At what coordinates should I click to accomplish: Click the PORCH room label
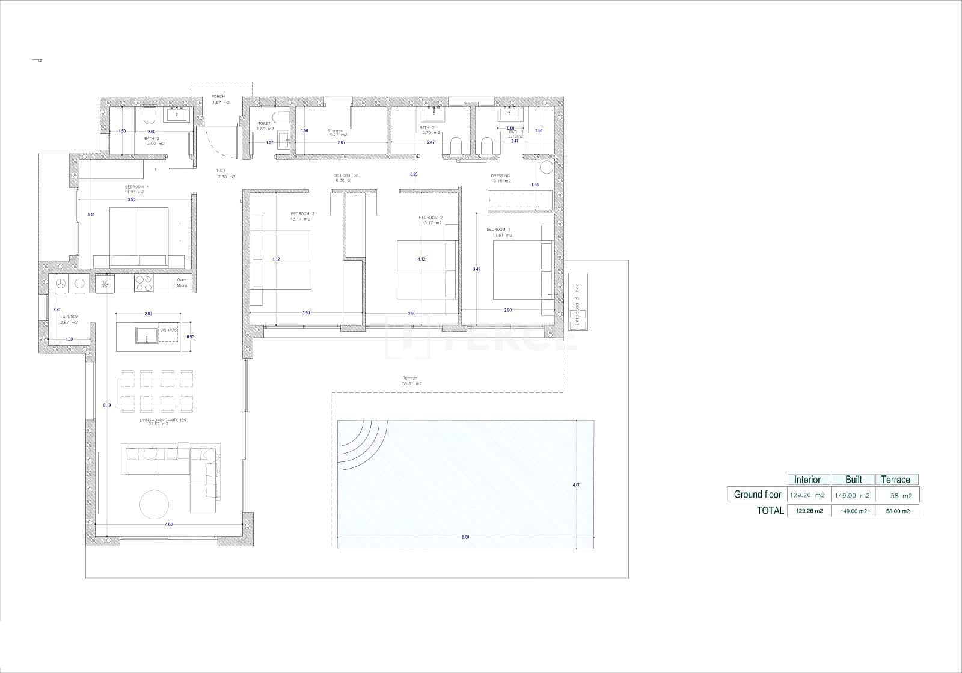(x=218, y=97)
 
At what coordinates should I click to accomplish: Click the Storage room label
(x=335, y=131)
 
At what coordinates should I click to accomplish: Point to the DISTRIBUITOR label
(x=346, y=175)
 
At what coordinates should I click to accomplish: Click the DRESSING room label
(x=500, y=176)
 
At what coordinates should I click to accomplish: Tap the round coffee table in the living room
(x=155, y=505)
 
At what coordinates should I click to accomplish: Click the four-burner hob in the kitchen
(x=144, y=283)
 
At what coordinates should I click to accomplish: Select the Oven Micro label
(x=182, y=282)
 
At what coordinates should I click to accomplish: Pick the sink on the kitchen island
(x=147, y=334)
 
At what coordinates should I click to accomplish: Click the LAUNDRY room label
(x=69, y=317)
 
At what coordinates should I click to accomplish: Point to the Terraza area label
(x=411, y=378)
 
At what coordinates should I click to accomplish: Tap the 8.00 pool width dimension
(x=465, y=537)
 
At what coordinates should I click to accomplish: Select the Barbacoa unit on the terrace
(x=578, y=302)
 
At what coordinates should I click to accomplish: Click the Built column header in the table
(x=853, y=480)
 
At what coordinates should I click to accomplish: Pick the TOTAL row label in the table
(x=770, y=511)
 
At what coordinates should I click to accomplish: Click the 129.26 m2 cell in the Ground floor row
(x=806, y=495)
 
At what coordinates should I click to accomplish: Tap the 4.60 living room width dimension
(x=168, y=525)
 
